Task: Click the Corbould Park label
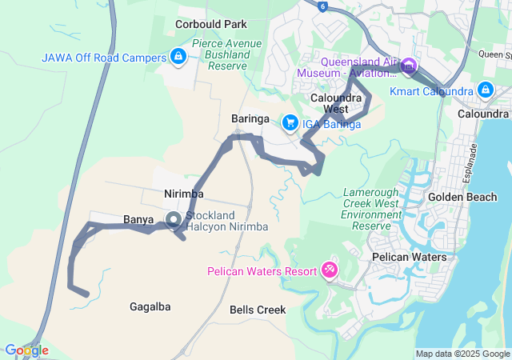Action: pyautogui.click(x=211, y=25)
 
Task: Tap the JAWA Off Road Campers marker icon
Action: pyautogui.click(x=178, y=57)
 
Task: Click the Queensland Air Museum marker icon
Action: pyautogui.click(x=409, y=65)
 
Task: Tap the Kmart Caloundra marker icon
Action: pyautogui.click(x=485, y=90)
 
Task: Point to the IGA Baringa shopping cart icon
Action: pyautogui.click(x=289, y=123)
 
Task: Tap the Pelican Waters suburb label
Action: pyautogui.click(x=410, y=257)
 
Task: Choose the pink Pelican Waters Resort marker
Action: pyautogui.click(x=329, y=270)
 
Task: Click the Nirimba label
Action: pyautogui.click(x=184, y=194)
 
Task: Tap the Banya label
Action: pyautogui.click(x=138, y=219)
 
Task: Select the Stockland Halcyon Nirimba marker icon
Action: pyautogui.click(x=173, y=219)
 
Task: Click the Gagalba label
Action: pyautogui.click(x=150, y=306)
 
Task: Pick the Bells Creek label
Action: pyautogui.click(x=258, y=309)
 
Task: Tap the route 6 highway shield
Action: pyautogui.click(x=322, y=6)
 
